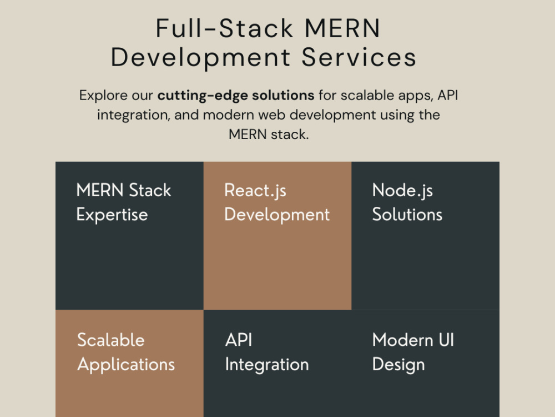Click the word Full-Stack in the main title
225,28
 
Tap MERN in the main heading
342,28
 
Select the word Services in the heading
359,57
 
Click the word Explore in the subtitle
103,96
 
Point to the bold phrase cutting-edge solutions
236,96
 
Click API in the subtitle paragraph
448,95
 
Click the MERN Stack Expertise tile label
124,202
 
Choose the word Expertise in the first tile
112,215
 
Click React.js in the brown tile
255,191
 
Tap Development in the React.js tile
277,215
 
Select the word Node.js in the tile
402,191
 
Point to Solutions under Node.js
407,215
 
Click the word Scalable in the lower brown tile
111,340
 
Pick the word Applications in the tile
126,365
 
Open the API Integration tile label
267,353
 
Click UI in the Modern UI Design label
446,340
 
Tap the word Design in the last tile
398,365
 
